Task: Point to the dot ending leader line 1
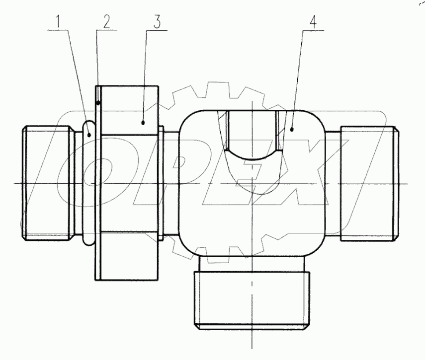tap(90, 134)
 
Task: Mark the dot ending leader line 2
tap(99, 103)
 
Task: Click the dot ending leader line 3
tap(143, 121)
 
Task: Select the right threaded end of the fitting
tap(368, 183)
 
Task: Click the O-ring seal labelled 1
tap(87, 183)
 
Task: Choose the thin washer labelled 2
tap(97, 183)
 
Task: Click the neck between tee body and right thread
tap(333, 183)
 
